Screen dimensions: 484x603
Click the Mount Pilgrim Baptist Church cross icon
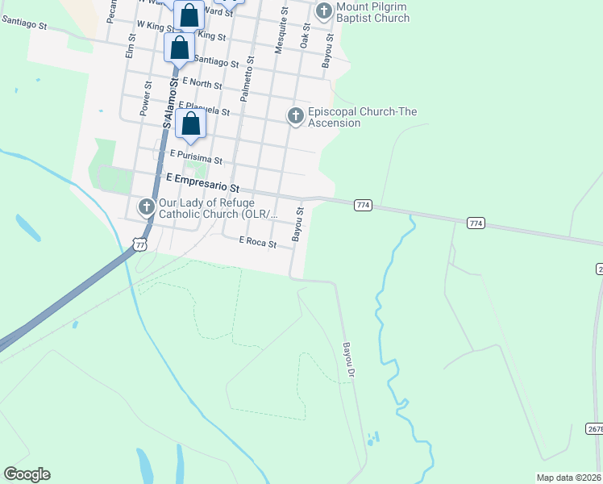point(324,11)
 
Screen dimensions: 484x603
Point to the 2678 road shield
point(593,429)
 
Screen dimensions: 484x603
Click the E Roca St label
point(257,242)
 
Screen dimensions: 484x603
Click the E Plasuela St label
point(204,108)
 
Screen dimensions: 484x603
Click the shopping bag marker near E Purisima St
point(191,124)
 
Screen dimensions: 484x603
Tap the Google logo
point(27,474)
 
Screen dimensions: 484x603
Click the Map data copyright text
point(569,478)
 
